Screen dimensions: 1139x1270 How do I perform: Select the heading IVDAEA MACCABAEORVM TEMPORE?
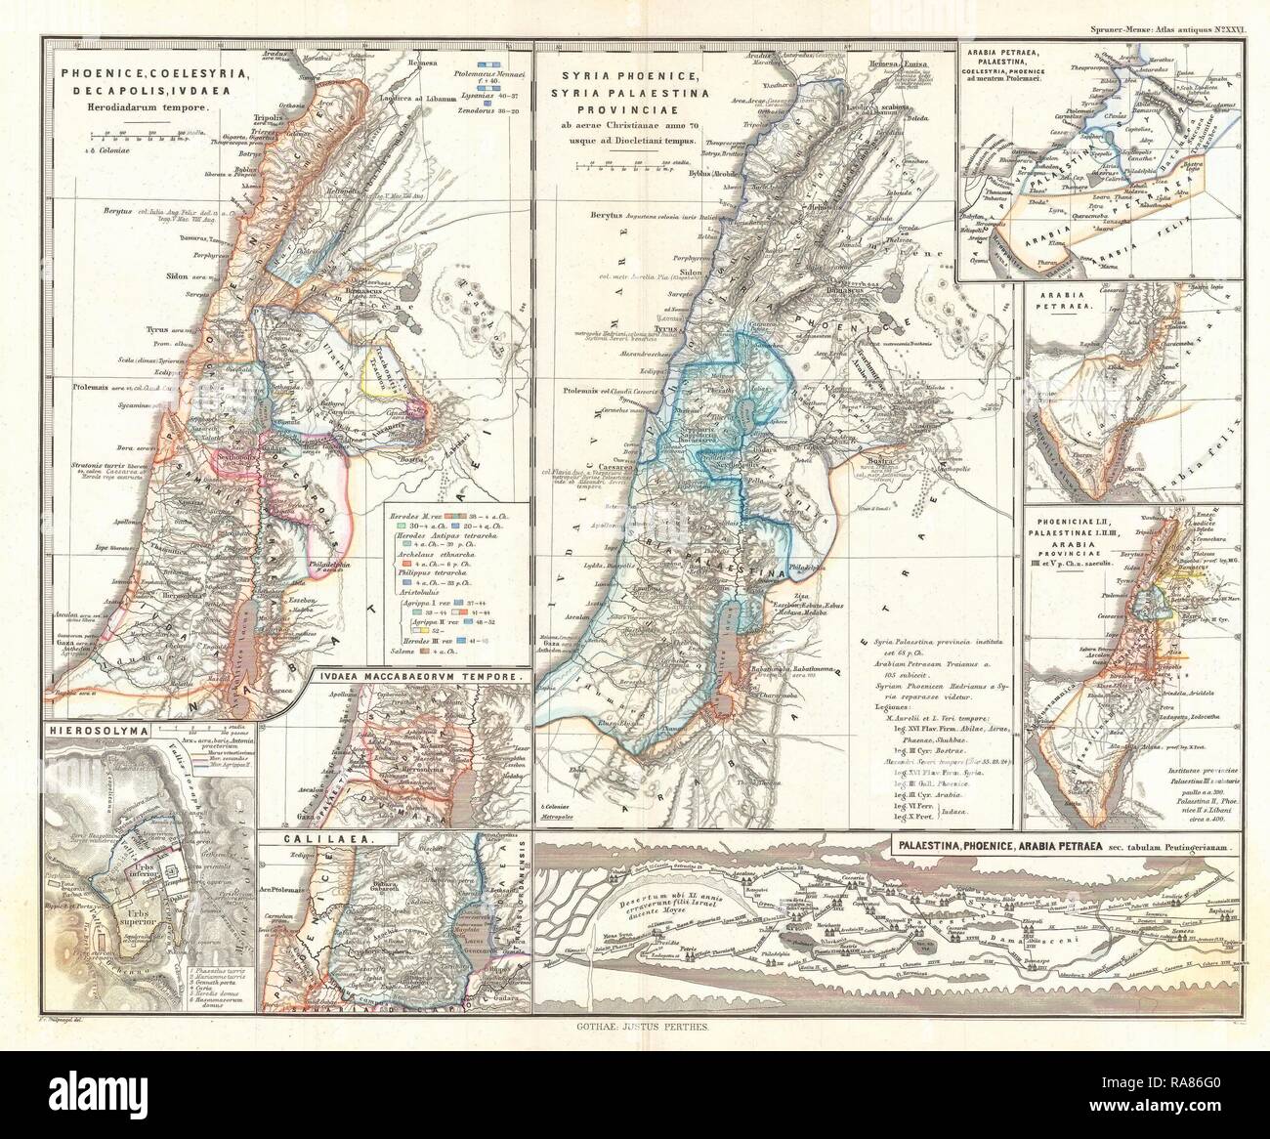coord(421,675)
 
